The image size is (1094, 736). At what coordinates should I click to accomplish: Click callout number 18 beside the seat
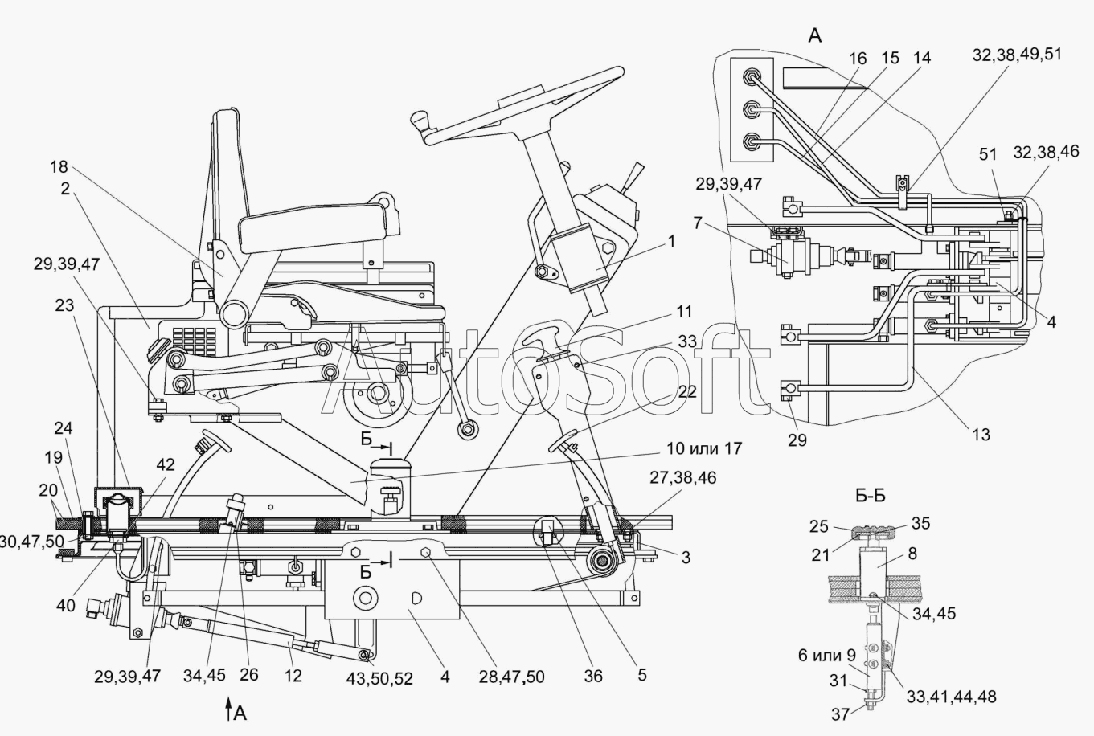[x=59, y=168]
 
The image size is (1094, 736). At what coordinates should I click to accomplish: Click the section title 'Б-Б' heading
[x=871, y=496]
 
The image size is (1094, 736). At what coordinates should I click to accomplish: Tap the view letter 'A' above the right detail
[x=815, y=35]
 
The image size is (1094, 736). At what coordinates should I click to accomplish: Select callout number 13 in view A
[x=980, y=435]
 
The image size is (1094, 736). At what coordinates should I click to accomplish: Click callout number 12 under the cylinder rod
[x=293, y=677]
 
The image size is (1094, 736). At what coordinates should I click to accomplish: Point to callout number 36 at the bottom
[x=593, y=677]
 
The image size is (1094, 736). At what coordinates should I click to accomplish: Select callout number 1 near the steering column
[x=671, y=241]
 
